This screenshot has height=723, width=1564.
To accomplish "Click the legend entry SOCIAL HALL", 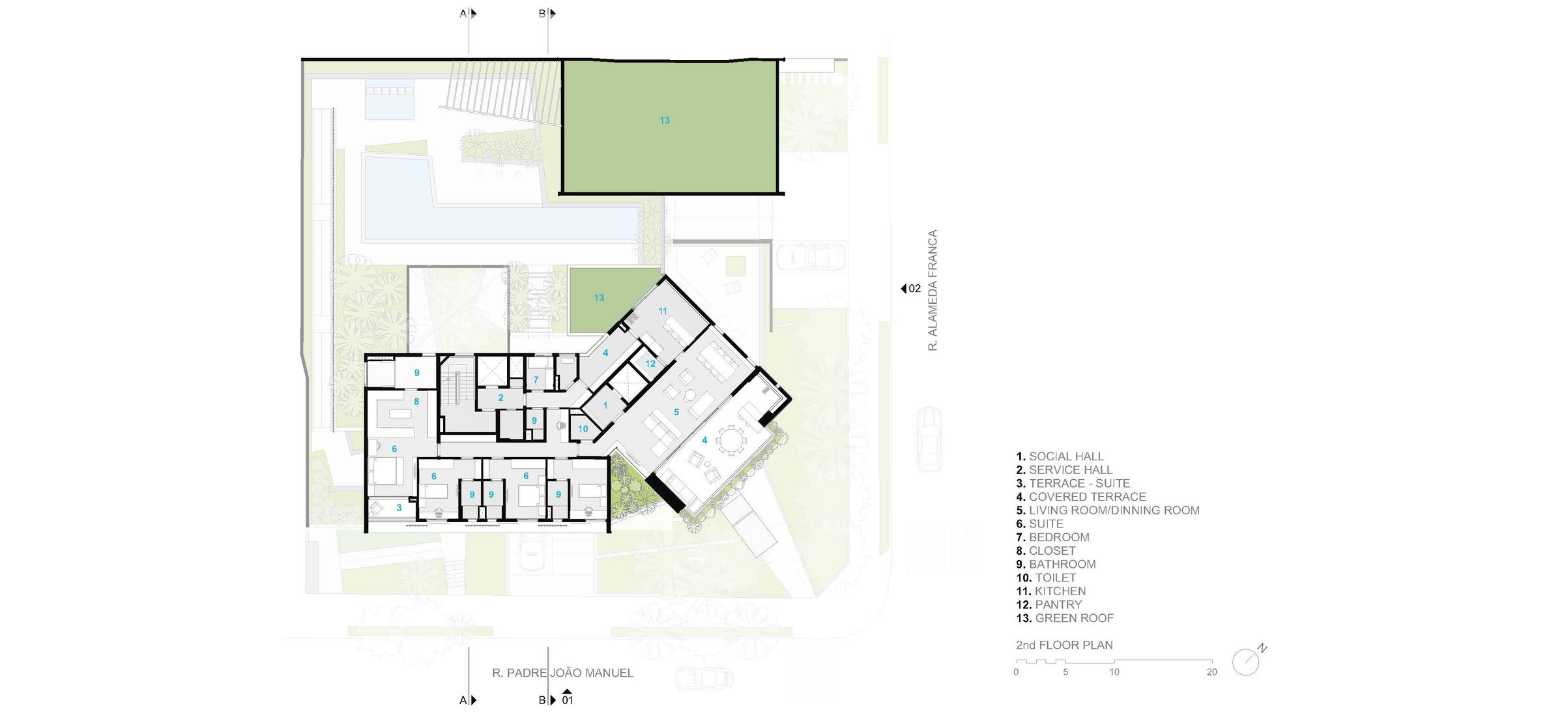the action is click(x=1060, y=456).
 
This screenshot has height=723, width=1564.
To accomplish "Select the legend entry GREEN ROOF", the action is click(x=1065, y=618).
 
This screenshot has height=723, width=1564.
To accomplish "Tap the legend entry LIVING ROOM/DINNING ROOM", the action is click(x=1108, y=510).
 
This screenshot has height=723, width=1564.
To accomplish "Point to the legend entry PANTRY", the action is click(x=1049, y=604).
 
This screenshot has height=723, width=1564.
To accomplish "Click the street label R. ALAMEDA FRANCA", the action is click(x=933, y=290).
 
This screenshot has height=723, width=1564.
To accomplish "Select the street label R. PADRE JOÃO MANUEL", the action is click(x=562, y=673).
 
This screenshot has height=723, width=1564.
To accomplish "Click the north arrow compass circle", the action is click(x=1245, y=662).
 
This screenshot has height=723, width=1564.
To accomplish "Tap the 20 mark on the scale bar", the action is click(x=1211, y=672).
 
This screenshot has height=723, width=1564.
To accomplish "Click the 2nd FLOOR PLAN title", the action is click(x=1064, y=645).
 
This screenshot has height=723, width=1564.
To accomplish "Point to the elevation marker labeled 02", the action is click(x=911, y=288).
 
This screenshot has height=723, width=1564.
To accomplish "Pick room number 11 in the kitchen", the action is click(x=663, y=311).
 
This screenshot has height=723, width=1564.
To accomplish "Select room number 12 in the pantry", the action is click(x=650, y=364).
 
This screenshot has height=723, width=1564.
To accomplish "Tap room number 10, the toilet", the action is click(x=583, y=429).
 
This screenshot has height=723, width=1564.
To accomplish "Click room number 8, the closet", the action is click(x=416, y=402).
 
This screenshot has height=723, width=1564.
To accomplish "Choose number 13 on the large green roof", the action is click(x=664, y=120).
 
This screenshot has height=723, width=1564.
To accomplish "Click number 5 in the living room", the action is click(x=676, y=412).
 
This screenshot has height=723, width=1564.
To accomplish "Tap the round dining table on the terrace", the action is click(x=731, y=440).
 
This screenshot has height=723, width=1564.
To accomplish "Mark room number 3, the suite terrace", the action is click(x=399, y=507).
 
